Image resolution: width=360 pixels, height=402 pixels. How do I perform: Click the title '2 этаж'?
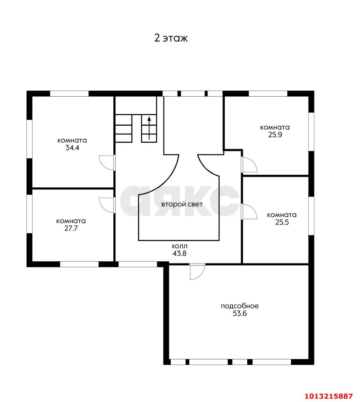coord(171,38)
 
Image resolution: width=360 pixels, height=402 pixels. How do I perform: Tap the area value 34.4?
coord(72,148)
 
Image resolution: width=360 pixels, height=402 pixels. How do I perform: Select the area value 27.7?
coord(71,228)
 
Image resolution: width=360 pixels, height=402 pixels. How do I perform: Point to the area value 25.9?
coord(275,135)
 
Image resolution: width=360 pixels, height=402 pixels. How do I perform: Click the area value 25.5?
coord(282,222)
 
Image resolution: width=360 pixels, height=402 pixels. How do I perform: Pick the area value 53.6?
coord(240,313)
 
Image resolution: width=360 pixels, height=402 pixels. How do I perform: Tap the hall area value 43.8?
coord(180,253)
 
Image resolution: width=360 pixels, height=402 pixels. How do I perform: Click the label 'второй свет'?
coord(182,204)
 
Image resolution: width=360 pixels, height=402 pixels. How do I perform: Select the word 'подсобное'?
coord(240,306)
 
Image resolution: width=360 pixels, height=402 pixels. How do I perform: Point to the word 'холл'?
coord(179,247)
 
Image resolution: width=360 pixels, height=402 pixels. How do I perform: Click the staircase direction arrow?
coord(149,128)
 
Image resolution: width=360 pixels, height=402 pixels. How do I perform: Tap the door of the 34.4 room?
coord(107,163)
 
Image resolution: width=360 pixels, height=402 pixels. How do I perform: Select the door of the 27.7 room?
coord(107,205)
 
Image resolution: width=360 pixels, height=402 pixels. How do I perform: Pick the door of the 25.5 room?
coord(249,212)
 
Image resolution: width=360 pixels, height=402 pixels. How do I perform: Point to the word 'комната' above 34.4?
coord(72,140)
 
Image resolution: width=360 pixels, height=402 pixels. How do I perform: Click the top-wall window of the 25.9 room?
coord(268,94)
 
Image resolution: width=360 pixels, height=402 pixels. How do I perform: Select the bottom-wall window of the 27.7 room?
coord(79,264)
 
